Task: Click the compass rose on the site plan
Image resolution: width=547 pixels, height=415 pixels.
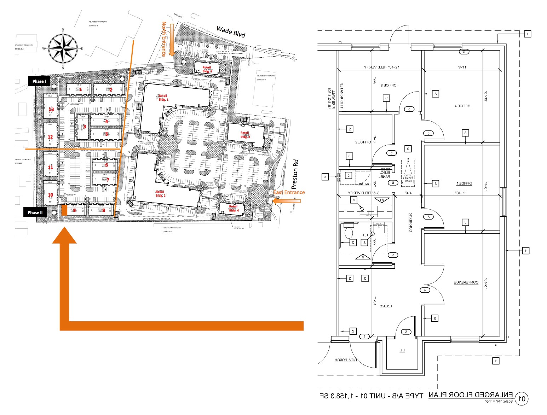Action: click(63, 48)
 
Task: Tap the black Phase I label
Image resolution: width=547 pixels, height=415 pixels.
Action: click(39, 81)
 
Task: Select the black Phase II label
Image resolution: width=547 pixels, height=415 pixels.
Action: click(35, 212)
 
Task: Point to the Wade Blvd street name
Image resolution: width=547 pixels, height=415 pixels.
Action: click(231, 32)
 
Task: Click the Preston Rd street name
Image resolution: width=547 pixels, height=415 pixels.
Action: click(295, 174)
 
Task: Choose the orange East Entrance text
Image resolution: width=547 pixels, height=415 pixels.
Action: click(289, 192)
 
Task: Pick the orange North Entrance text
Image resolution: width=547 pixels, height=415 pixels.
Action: click(164, 39)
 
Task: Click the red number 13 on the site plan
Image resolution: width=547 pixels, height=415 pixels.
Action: click(51, 110)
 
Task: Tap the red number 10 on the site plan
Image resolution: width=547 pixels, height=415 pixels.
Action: click(51, 195)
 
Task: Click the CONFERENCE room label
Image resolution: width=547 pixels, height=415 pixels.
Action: click(466, 282)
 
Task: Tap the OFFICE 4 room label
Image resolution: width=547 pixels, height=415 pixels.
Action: click(462, 106)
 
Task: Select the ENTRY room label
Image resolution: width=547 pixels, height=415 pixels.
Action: click(386, 306)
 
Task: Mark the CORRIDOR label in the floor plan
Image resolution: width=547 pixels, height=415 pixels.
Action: click(411, 222)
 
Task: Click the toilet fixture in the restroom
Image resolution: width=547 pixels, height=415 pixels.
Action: click(349, 233)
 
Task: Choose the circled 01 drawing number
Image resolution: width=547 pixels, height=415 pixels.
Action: click(522, 399)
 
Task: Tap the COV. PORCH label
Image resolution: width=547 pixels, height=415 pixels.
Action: click(346, 360)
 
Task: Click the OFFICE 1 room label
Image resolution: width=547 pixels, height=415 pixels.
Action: click(464, 183)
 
